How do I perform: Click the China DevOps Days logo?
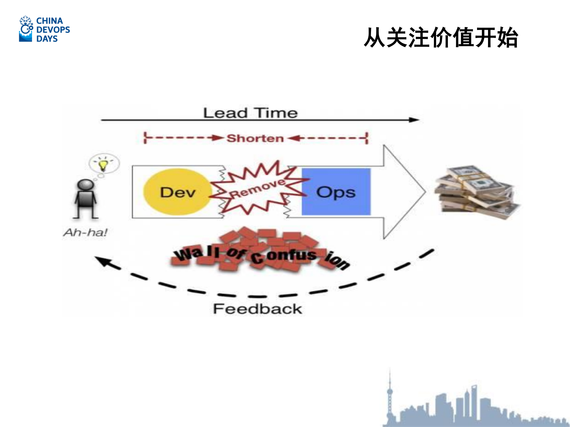point(44,29)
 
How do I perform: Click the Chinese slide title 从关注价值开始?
point(441,38)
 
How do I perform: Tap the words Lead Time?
point(250,113)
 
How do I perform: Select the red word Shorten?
point(255,138)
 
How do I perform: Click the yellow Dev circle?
point(177,192)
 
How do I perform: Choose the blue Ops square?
point(336,192)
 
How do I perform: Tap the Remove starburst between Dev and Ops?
point(257,189)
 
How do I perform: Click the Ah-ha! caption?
point(85,232)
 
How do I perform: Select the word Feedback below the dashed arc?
point(257,309)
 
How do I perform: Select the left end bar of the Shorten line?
point(145,138)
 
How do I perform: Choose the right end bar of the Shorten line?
point(367,138)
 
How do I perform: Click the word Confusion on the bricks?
point(300,257)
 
